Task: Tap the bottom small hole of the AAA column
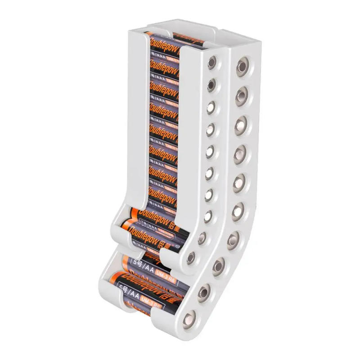192,258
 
